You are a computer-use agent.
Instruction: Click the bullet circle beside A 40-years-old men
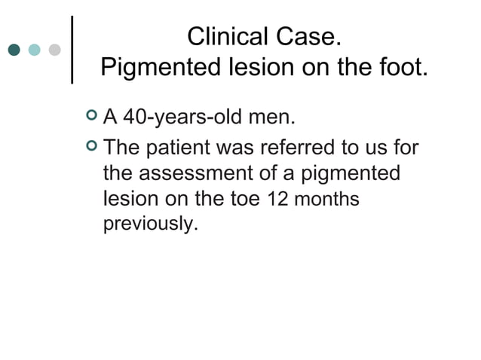(x=91, y=117)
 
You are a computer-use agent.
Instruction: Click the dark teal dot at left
(x=14, y=50)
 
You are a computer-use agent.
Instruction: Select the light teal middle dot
(x=35, y=50)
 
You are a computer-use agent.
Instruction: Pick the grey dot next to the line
(x=54, y=50)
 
